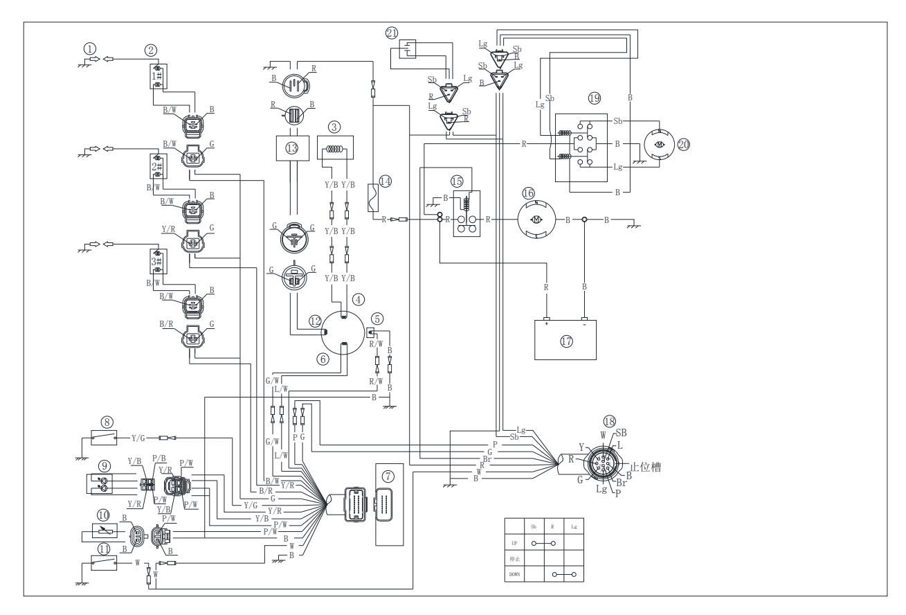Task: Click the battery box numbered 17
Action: [x=566, y=340]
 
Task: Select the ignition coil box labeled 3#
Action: [x=157, y=262]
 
